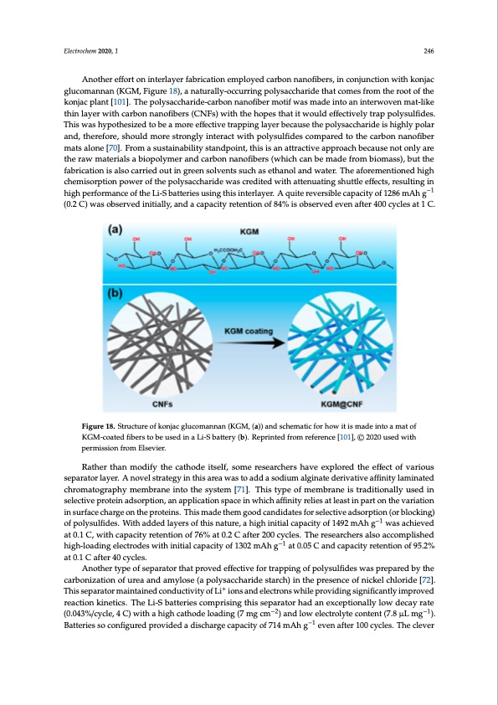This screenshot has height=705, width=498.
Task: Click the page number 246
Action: pyautogui.click(x=433, y=49)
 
